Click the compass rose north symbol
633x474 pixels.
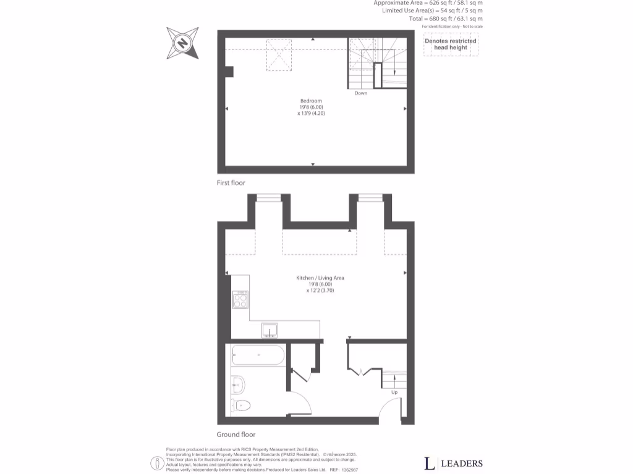point(182,43)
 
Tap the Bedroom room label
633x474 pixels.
point(311,101)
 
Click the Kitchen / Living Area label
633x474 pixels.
point(320,278)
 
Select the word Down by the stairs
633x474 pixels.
point(361,94)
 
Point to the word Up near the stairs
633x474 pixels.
point(394,392)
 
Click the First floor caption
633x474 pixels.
point(231,183)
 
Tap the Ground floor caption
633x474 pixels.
point(236,434)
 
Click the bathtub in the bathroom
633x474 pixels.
point(258,355)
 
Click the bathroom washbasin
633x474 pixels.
point(238,384)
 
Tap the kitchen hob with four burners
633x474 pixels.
point(240,299)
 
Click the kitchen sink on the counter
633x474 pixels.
point(270,331)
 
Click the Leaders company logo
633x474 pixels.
point(453,464)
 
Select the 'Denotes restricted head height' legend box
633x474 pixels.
point(450,45)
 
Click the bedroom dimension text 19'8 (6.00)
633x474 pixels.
point(310,107)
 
